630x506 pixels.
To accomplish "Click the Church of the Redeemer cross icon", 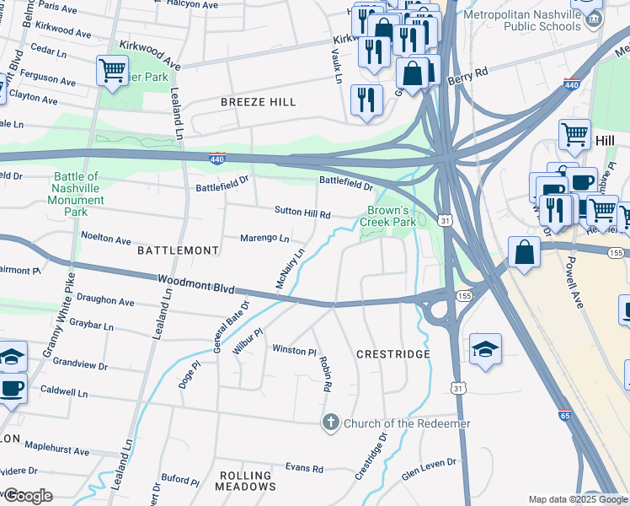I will click(332, 423).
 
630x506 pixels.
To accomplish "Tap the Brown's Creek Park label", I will click(388, 216).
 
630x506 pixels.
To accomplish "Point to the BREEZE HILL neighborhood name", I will click(259, 102).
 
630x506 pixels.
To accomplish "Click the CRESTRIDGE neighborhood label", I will click(393, 354).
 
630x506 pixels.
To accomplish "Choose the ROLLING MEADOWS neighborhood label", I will click(246, 481).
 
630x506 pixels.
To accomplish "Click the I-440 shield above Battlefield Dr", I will click(217, 159).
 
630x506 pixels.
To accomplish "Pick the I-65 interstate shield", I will click(564, 415).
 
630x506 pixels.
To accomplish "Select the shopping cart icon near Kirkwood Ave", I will click(112, 71).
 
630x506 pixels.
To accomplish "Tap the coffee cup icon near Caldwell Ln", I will click(12, 389).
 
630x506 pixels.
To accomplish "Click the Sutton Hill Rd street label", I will click(302, 213).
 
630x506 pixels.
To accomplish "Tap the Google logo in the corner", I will click(28, 496).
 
